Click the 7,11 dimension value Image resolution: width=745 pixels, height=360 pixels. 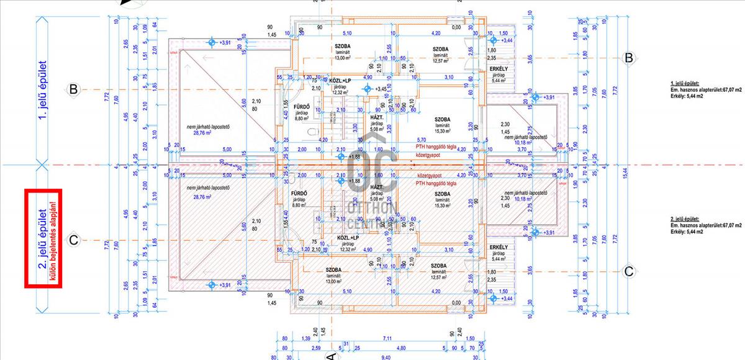pos(387,338)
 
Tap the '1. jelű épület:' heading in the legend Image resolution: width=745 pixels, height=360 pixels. pos(685,83)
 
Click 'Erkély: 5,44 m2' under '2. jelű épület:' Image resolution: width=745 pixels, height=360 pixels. pos(687,232)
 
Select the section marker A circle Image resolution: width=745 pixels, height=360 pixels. pos(330,356)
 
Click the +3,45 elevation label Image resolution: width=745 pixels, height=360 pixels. pos(384,89)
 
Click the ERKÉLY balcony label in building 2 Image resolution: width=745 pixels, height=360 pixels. pos(499,247)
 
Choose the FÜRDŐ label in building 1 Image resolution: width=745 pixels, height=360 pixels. pos(302,106)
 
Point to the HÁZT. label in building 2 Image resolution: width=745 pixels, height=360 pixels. pos(376,187)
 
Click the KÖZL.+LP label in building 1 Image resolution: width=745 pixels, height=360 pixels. pos(340,81)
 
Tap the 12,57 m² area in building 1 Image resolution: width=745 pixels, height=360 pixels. pos(441,60)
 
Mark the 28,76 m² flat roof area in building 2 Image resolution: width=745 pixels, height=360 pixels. pos(199,197)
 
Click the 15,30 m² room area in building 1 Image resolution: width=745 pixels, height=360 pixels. pos(442,131)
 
